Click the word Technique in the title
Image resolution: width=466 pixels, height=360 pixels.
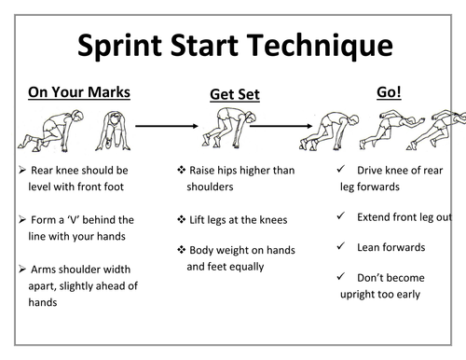click(322, 46)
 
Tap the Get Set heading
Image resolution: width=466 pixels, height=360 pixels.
click(234, 94)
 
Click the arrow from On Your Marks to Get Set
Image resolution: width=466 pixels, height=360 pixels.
click(168, 123)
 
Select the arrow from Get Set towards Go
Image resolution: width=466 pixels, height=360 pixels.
click(283, 123)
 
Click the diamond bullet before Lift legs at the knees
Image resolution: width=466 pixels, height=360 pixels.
click(181, 220)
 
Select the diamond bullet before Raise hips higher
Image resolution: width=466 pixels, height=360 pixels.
click(181, 172)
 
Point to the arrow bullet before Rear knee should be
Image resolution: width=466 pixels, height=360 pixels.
click(22, 172)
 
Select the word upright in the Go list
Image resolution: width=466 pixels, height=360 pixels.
click(359, 294)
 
